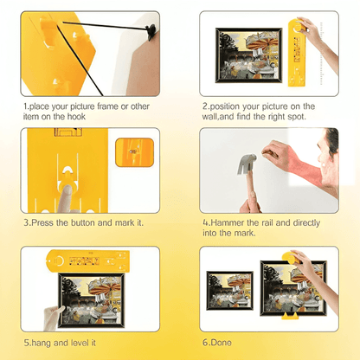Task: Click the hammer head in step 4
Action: click(x=247, y=164)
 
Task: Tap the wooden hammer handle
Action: click(x=251, y=190)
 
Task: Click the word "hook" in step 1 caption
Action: click(x=76, y=117)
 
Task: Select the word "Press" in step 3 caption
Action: click(x=42, y=222)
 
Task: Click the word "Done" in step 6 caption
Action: click(x=221, y=343)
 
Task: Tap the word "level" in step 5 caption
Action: click(x=75, y=343)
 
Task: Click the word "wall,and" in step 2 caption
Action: click(x=218, y=117)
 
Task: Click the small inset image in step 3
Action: click(x=134, y=152)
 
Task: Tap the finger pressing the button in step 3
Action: click(x=65, y=199)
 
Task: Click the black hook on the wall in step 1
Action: click(x=151, y=31)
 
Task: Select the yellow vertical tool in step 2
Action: click(x=297, y=53)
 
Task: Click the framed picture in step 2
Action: click(x=248, y=55)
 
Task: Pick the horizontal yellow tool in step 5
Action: click(x=88, y=261)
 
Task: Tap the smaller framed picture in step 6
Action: click(x=230, y=291)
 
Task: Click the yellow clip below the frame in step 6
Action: click(x=290, y=316)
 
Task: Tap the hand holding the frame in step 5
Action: click(x=53, y=318)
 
